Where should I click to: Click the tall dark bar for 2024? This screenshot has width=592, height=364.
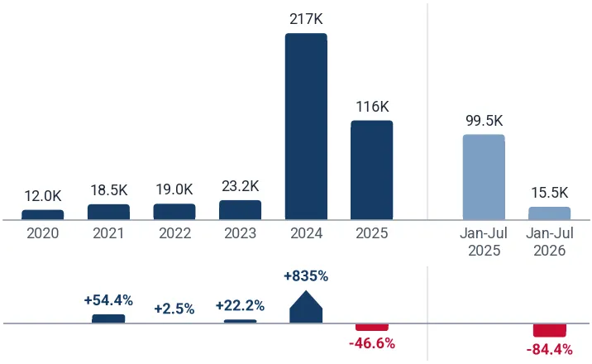click(306, 127)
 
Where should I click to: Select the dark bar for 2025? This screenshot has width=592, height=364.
click(372, 170)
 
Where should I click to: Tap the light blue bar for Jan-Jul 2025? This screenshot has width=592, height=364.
click(484, 177)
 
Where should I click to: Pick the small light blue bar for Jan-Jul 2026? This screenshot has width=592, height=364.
click(549, 213)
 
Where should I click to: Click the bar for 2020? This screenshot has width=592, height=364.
click(43, 215)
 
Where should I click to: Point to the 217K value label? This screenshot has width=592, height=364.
click(306, 19)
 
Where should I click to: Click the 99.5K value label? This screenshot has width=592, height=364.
click(484, 121)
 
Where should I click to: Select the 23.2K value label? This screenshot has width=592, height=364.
click(240, 186)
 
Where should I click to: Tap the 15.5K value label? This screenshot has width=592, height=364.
click(549, 193)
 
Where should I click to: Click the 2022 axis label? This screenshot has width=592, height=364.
click(174, 233)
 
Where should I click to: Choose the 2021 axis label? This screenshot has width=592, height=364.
click(108, 233)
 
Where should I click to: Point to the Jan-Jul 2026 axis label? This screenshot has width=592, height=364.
click(550, 242)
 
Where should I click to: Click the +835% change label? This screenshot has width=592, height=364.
click(306, 276)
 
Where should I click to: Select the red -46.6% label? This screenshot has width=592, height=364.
click(372, 343)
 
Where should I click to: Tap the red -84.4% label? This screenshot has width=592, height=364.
click(549, 350)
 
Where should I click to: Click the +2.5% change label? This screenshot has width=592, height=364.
click(174, 309)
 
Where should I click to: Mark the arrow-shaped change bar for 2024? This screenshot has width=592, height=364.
click(306, 307)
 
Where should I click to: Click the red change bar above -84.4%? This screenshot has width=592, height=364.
click(549, 330)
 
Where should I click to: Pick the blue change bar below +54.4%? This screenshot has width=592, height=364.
click(108, 318)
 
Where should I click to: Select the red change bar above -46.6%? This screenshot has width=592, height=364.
click(372, 327)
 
